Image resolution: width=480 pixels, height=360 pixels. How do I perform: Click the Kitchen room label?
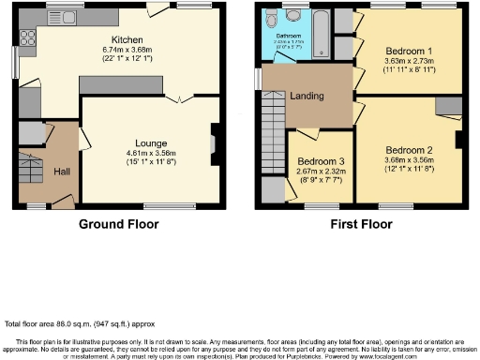tap(127, 40)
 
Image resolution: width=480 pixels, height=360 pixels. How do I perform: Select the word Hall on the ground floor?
tap(62, 172)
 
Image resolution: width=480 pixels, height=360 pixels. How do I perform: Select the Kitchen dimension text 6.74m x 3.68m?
tap(127, 52)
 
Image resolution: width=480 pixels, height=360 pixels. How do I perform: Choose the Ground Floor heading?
tap(118, 225)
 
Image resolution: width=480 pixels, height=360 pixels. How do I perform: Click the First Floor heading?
tap(361, 225)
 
